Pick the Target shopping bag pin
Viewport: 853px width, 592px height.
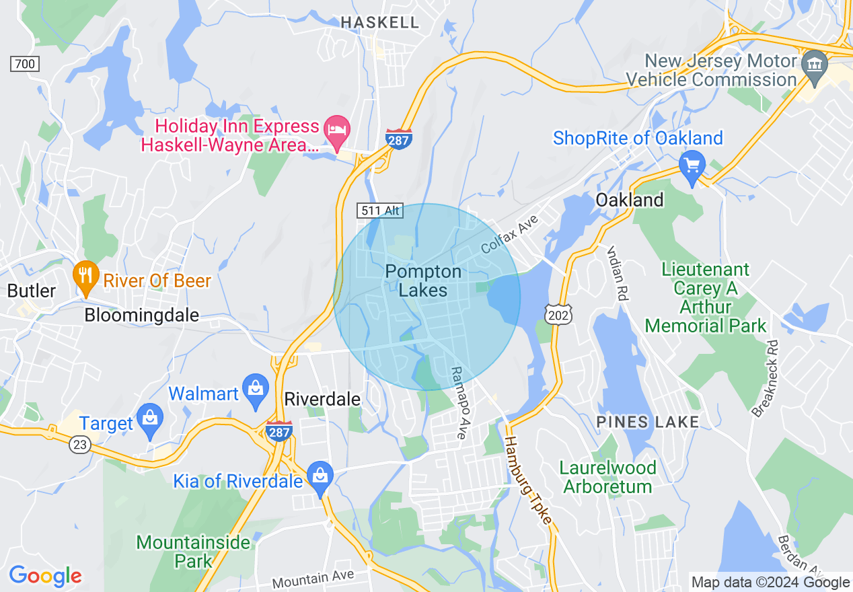(x=149, y=420)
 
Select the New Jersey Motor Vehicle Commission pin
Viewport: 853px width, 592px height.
(x=815, y=67)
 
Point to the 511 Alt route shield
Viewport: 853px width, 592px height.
(x=379, y=211)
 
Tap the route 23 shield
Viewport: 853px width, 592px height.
(x=79, y=444)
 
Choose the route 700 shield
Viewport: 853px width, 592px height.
(x=25, y=64)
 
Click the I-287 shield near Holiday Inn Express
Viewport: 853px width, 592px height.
(x=399, y=139)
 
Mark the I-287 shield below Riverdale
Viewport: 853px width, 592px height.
(x=279, y=431)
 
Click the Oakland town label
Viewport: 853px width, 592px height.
(x=630, y=200)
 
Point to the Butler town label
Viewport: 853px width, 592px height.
(x=31, y=291)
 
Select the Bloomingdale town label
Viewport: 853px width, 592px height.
(x=141, y=315)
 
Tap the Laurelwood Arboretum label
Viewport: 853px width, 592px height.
(x=608, y=477)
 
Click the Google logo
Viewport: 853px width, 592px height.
(x=45, y=576)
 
